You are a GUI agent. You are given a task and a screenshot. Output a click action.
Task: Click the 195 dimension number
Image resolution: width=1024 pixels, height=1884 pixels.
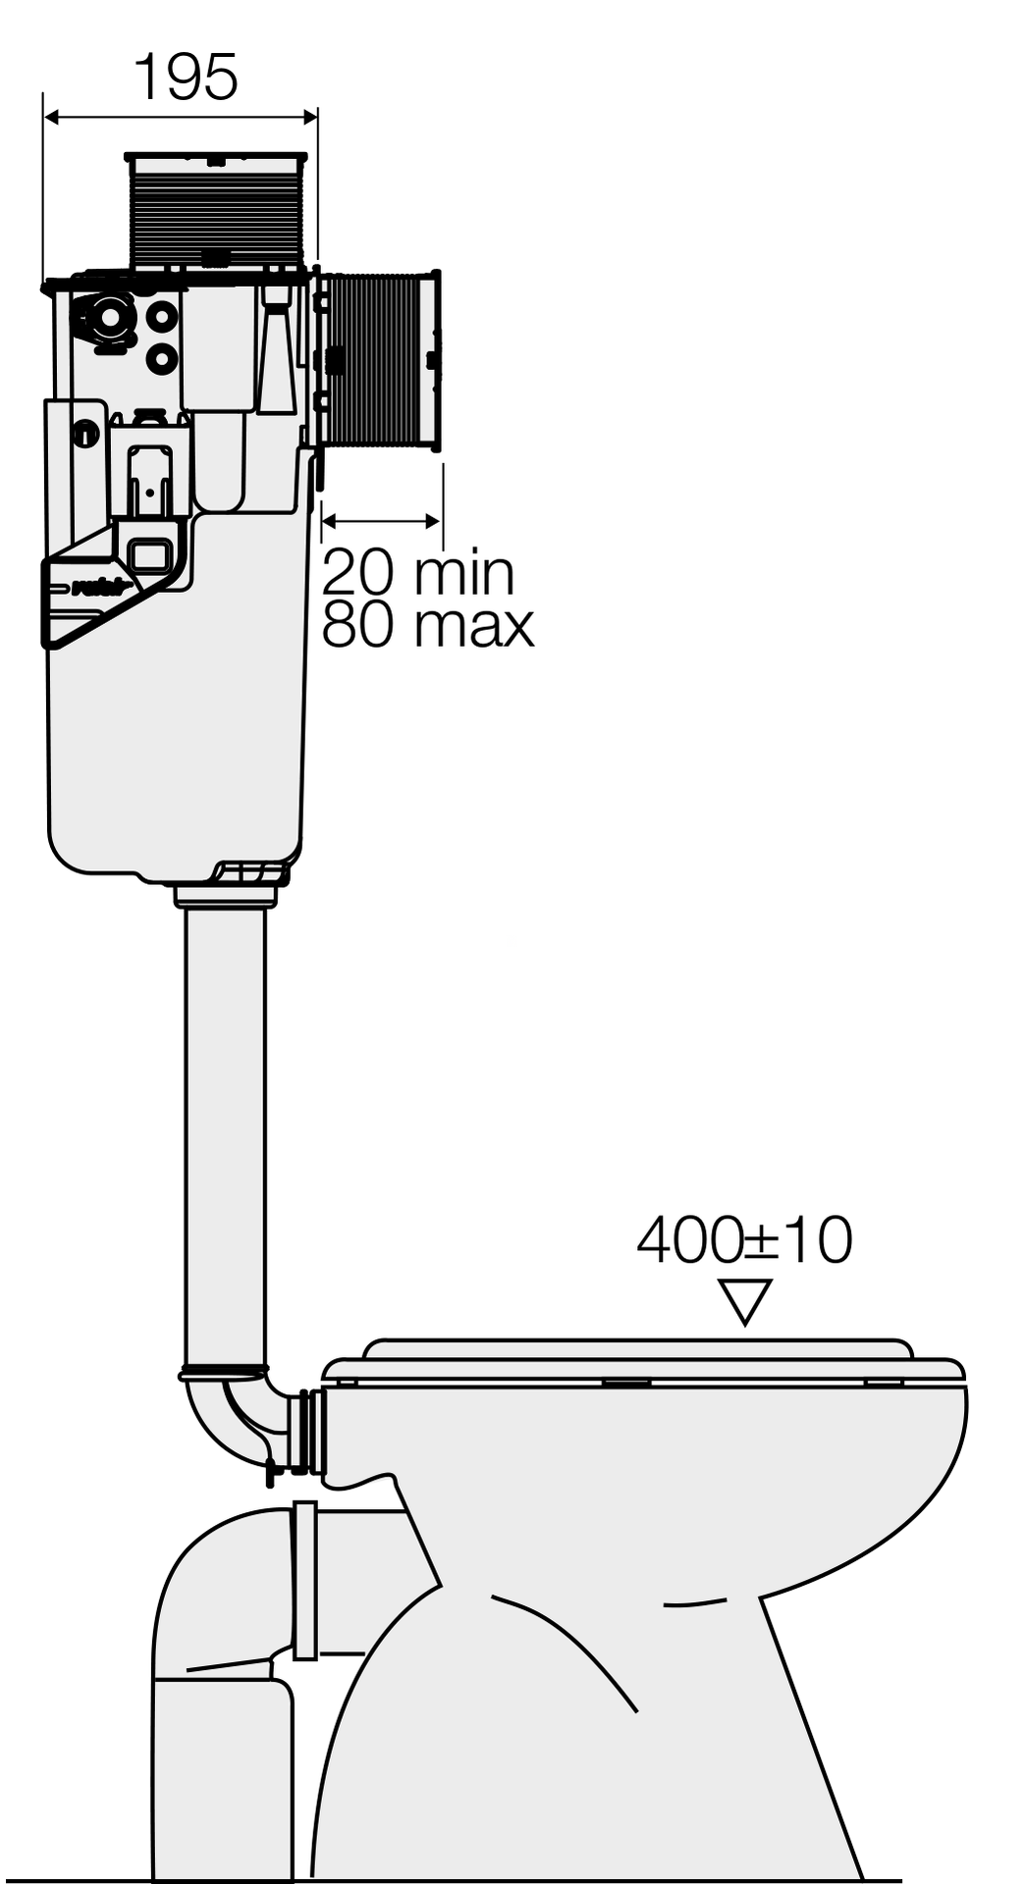point(186,78)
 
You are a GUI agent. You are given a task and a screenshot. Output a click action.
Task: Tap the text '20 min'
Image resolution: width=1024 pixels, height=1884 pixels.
point(418,572)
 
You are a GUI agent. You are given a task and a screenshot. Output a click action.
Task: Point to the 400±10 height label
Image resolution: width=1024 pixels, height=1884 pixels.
point(744,1240)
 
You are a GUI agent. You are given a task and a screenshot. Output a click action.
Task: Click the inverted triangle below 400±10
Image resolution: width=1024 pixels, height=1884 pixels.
point(745,1301)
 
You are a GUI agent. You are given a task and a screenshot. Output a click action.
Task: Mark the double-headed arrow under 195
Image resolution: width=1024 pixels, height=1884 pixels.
point(181,118)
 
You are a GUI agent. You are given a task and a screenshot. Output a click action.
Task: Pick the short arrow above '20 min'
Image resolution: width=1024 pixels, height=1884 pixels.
point(381,521)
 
